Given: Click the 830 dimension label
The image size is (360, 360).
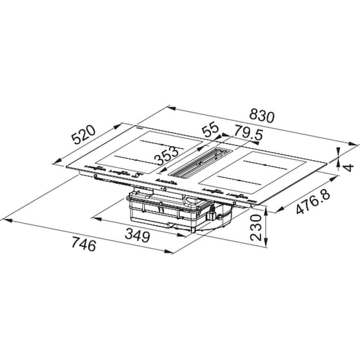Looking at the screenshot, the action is [262, 116].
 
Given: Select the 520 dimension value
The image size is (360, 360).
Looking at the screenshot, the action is [83, 135].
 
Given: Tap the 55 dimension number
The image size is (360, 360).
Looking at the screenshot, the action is [211, 129].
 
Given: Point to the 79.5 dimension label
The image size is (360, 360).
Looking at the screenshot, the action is [248, 132].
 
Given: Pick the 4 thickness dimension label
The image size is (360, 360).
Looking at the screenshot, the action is [349, 167].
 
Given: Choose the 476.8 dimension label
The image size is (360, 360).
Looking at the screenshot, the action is [313, 201].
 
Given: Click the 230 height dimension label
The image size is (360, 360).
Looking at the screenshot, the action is [256, 228].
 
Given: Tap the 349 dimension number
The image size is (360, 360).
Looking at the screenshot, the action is [138, 237].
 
